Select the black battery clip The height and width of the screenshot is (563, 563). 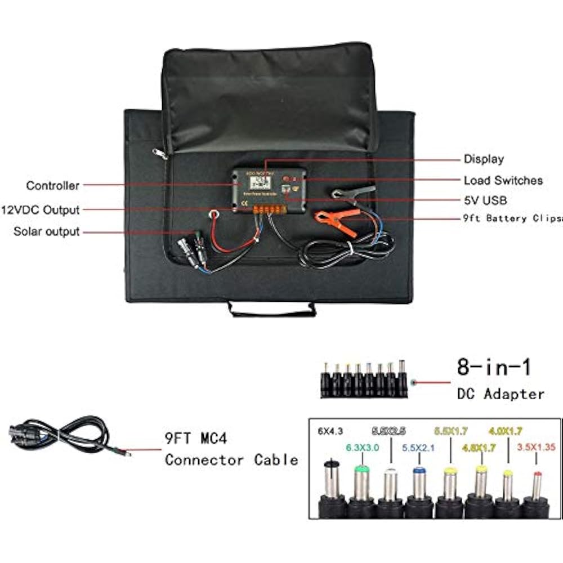(x=354, y=193)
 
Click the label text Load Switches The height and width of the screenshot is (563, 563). (x=503, y=180)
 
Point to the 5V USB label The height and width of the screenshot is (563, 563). (x=485, y=200)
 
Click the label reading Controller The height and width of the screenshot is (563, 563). (x=52, y=185)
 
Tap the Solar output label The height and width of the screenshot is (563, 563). (x=47, y=231)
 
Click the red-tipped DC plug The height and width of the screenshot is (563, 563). (x=537, y=485)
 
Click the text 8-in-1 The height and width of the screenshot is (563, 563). (x=494, y=368)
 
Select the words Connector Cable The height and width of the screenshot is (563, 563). (x=231, y=459)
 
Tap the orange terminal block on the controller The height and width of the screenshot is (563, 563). (x=269, y=210)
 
